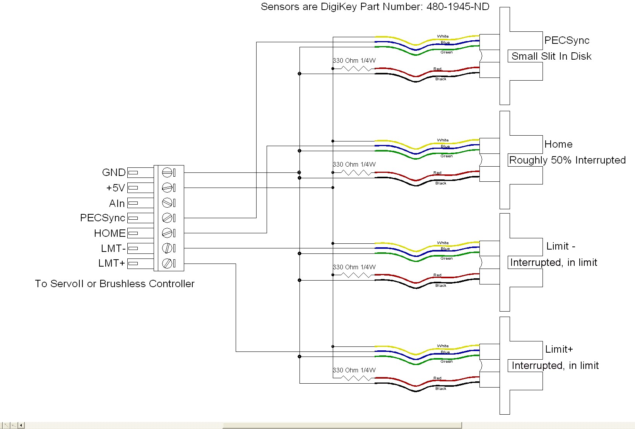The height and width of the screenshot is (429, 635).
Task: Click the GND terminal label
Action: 114,172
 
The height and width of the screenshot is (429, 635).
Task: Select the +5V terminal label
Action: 115,188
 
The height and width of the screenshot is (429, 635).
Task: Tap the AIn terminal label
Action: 117,203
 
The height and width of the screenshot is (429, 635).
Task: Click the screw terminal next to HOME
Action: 167,233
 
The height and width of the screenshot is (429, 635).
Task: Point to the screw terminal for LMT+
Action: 167,264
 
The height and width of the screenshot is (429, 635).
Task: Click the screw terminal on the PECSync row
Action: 167,218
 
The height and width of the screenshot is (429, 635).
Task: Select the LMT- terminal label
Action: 113,248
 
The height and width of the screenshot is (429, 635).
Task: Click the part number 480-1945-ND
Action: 458,7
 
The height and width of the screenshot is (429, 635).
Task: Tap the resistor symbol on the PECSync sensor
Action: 356,69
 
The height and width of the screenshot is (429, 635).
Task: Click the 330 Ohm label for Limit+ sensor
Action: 354,370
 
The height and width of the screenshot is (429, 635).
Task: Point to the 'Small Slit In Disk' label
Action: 551,56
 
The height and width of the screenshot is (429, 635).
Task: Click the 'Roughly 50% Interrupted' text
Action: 567,160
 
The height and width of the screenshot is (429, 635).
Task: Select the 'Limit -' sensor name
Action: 560,246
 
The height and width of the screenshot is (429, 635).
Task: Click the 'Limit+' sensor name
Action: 559,349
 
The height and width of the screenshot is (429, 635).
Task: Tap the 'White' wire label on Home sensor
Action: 443,140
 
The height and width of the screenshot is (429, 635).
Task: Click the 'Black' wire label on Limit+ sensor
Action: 441,388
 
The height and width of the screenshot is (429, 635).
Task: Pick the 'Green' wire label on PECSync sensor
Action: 447,52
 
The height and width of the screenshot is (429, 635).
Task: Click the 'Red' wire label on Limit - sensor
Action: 437,275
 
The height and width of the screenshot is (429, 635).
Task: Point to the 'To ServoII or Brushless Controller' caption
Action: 115,284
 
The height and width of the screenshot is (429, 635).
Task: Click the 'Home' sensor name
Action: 558,144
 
